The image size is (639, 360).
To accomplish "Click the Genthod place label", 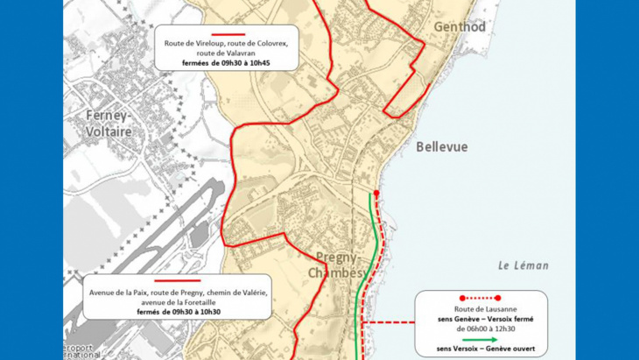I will [x=460, y=27].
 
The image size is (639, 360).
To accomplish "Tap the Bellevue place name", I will [x=442, y=146].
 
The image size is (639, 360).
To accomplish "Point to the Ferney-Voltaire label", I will [x=109, y=124].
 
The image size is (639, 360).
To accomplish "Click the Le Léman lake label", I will [x=523, y=265].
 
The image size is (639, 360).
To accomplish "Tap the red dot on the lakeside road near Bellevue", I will [x=376, y=194].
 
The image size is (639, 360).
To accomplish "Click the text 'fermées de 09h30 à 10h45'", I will [x=226, y=63].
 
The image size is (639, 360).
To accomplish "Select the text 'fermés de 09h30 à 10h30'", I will [x=179, y=312].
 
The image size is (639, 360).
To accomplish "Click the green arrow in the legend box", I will [x=480, y=339].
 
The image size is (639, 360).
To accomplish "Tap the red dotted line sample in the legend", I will [x=480, y=298].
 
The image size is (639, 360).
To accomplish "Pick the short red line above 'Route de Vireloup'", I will [x=227, y=34].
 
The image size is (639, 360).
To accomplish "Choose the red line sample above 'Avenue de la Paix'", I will [x=178, y=281].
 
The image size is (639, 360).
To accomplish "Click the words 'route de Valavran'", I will [x=226, y=53].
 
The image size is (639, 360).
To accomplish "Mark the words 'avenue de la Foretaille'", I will [x=179, y=302].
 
